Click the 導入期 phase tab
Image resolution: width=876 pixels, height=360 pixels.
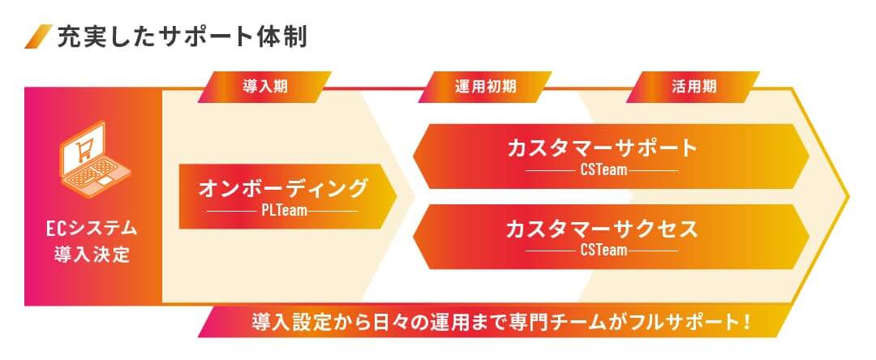pos(264,87)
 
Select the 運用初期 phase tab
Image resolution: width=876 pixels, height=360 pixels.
pos(485,87)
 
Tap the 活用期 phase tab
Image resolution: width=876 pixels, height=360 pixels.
pos(693,87)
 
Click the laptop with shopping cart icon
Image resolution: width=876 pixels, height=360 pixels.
pos(94,158)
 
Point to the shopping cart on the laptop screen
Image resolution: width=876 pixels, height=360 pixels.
pos(84,148)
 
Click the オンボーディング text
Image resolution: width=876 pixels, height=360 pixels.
pos(283,189)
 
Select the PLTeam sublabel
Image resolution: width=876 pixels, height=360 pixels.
pos(284,212)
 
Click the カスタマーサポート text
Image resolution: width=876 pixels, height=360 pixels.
pos(603,148)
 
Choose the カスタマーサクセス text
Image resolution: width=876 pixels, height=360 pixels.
pos(603,229)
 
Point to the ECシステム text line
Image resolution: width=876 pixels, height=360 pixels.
pos(92,229)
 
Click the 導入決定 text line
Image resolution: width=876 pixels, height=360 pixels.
pos(92,255)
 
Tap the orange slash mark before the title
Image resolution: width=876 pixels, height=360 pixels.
pos(39,36)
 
